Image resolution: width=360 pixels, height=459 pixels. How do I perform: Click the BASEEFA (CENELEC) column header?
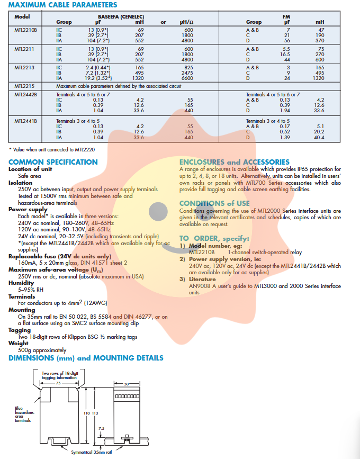coord(121,17)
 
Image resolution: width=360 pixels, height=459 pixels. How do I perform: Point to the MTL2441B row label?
coord(25,121)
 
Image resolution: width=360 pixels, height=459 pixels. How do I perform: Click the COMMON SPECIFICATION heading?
coord(53,162)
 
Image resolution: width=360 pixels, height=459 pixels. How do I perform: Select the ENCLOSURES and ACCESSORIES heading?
coord(235,162)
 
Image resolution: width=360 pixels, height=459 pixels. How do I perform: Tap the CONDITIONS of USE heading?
coord(214,203)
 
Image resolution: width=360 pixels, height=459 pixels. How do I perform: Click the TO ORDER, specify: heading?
coord(214,238)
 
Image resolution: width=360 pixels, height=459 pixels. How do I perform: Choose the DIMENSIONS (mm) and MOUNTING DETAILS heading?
coord(86,358)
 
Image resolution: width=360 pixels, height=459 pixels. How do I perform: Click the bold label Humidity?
coord(21,283)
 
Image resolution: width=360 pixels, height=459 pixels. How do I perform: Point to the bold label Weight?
coord(19,343)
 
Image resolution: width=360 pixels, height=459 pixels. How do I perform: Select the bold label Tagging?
coord(20,330)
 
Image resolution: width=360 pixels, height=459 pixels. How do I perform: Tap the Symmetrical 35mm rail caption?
coord(91,453)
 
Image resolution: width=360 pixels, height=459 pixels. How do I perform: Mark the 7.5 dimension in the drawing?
coord(101,427)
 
